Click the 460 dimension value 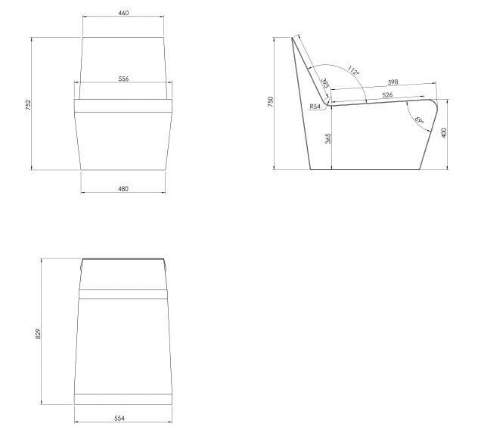[x=123, y=13]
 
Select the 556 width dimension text [x=123, y=79]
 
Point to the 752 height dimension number [x=28, y=104]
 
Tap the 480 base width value [x=123, y=189]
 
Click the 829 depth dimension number [x=38, y=333]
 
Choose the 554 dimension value [x=119, y=418]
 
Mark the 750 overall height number [x=270, y=102]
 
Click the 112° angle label [x=353, y=71]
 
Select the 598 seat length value [x=393, y=82]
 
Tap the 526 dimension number [x=387, y=95]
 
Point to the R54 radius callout [x=315, y=107]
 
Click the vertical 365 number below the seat [x=328, y=138]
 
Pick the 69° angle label [x=419, y=120]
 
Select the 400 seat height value [x=444, y=133]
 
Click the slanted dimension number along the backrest [x=325, y=83]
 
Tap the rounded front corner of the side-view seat [x=434, y=104]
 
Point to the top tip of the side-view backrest [x=292, y=38]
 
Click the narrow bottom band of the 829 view [x=123, y=399]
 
